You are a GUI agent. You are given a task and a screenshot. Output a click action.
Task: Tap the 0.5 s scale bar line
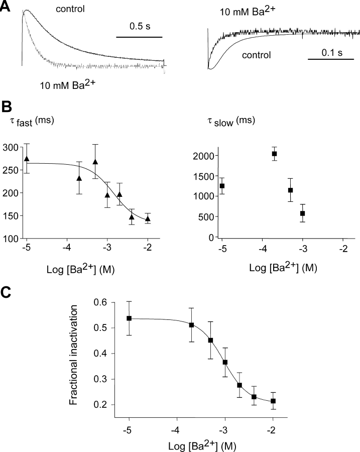[139, 37]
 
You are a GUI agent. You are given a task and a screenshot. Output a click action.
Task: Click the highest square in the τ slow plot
[274, 154]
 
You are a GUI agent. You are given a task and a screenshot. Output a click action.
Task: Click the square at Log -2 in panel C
[273, 401]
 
